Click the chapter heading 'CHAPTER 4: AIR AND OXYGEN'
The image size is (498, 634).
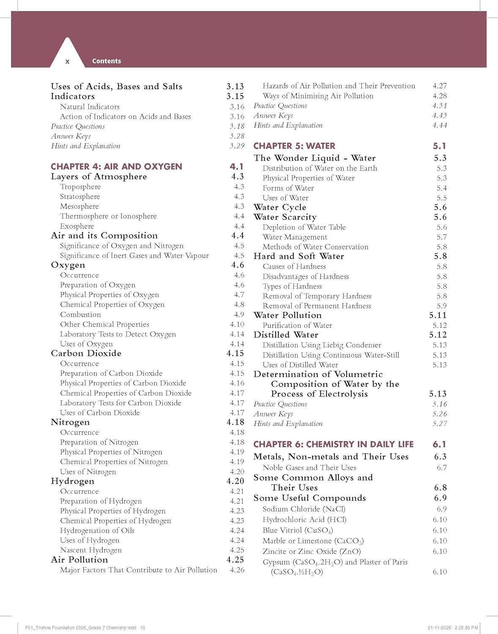[116, 167]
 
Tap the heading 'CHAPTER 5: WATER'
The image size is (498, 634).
[294, 146]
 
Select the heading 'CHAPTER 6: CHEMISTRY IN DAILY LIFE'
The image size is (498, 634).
[333, 444]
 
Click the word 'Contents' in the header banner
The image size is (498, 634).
[107, 61]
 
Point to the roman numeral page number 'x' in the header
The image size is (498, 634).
[67, 62]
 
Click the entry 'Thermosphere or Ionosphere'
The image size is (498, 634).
[108, 216]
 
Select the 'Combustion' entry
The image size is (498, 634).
[80, 314]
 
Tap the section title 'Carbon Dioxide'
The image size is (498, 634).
[86, 353]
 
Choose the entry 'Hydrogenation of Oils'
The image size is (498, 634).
[97, 530]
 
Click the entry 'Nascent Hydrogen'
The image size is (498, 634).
[90, 550]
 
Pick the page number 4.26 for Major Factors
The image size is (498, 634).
[237, 570]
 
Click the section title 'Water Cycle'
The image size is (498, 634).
[280, 207]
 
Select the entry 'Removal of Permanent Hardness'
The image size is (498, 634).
[317, 306]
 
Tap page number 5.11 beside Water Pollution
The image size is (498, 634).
[438, 315]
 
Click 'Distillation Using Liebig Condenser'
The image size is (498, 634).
[322, 345]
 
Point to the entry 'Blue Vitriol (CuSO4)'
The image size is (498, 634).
[298, 530]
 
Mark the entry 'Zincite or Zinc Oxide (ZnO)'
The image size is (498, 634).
[312, 551]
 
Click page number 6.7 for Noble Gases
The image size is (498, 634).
[441, 467]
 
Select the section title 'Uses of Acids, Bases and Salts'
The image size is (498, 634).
[116, 86]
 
